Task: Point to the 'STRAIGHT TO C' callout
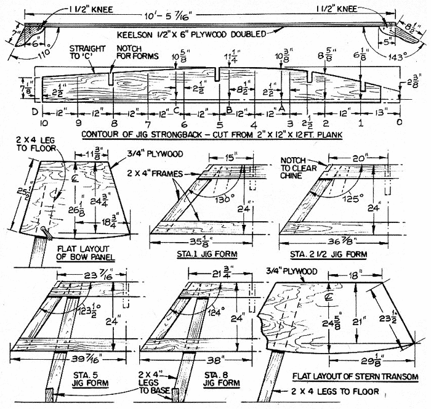tap(87, 52)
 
